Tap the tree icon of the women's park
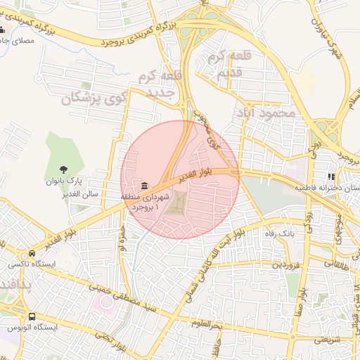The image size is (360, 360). [64, 169]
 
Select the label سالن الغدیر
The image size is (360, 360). [83, 193]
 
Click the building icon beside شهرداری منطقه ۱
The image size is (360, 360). [144, 186]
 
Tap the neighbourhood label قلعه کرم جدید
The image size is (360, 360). [157, 84]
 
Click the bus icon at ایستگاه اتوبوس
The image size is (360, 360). [32, 316]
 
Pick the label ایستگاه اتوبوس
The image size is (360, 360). [32, 328]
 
